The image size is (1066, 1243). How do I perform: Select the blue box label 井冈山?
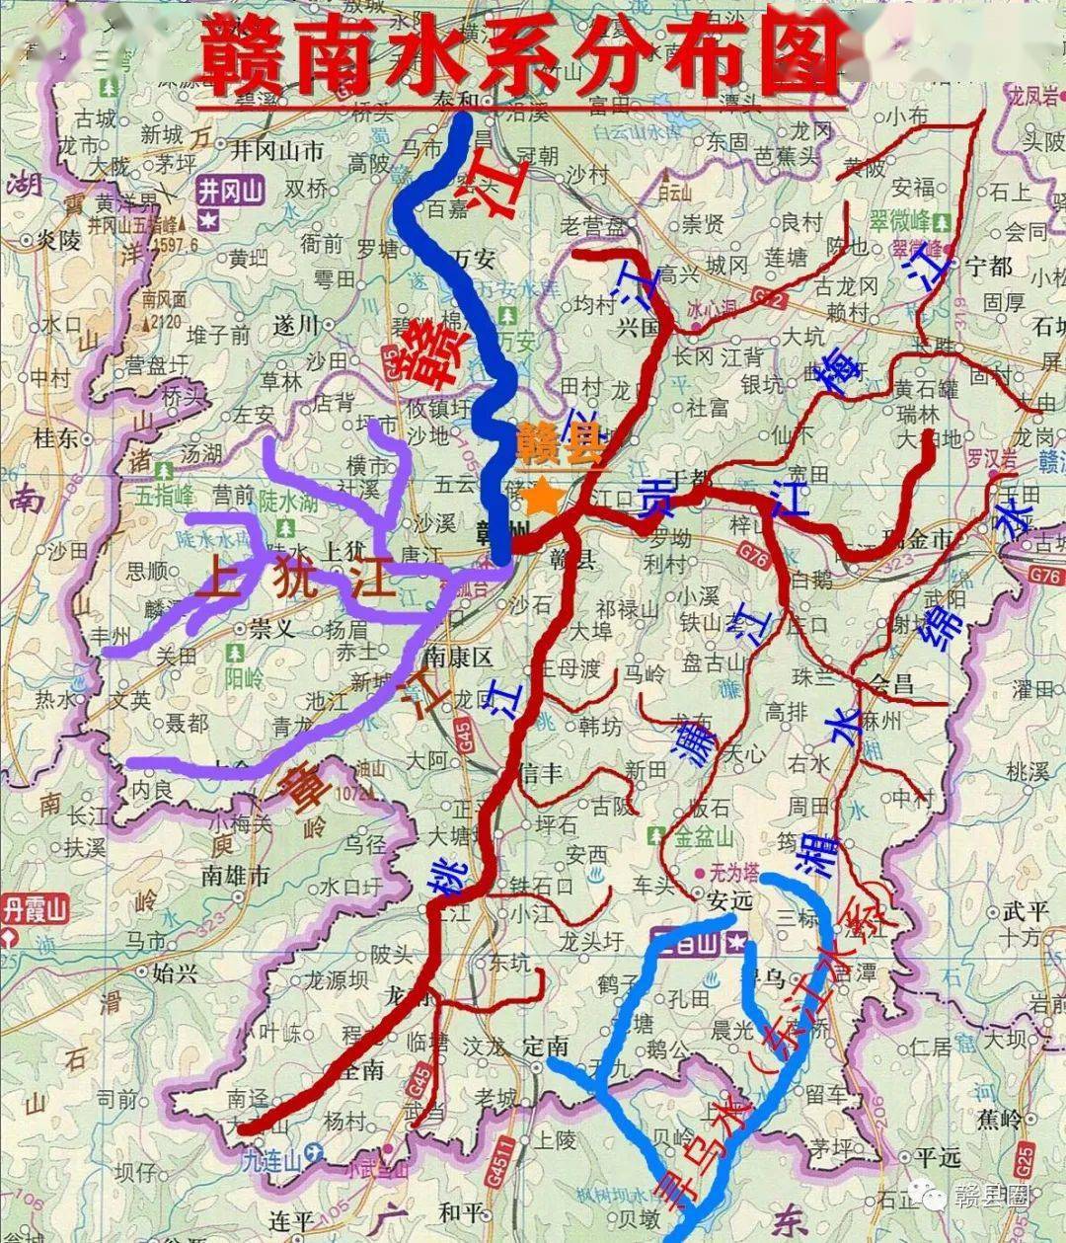(229, 191)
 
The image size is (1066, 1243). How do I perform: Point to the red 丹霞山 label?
(37, 907)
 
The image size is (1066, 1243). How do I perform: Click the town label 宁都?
(988, 266)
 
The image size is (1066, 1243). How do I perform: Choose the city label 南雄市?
(235, 875)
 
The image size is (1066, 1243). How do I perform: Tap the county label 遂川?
(296, 323)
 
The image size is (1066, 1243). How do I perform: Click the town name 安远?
(730, 900)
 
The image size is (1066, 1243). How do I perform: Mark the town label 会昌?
(893, 683)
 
